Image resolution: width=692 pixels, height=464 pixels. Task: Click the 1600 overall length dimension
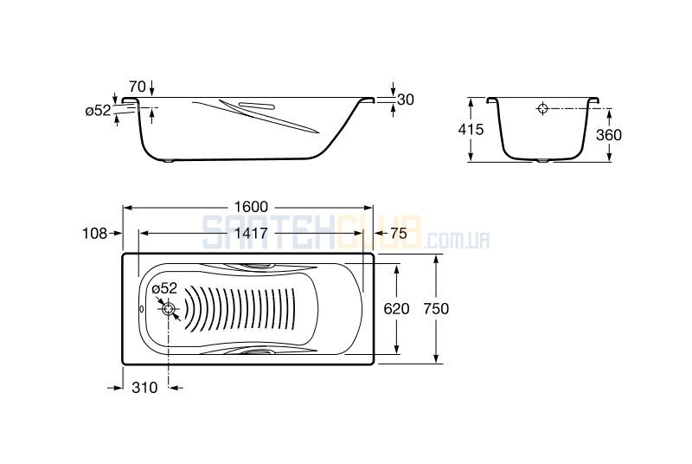[x=251, y=207]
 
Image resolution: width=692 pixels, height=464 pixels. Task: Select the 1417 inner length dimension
[x=251, y=233]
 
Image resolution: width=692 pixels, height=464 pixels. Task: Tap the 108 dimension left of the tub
[x=95, y=233]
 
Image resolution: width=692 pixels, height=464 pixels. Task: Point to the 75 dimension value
[x=399, y=233]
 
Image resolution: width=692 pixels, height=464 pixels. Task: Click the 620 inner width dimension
[x=396, y=308]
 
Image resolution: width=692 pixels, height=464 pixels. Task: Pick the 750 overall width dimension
[x=436, y=308]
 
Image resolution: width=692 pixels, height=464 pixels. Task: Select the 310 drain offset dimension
[x=144, y=388]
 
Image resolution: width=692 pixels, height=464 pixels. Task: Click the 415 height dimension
[x=471, y=129]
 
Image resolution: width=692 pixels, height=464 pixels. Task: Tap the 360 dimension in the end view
[x=609, y=135]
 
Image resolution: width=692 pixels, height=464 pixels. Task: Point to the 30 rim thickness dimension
[x=406, y=100]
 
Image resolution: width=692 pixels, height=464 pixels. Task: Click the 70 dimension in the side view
[x=138, y=87]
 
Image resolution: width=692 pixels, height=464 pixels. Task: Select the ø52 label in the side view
[x=98, y=110]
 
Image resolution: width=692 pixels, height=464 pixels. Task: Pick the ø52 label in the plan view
[x=164, y=288]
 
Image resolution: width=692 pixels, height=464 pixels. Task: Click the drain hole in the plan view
[x=169, y=309]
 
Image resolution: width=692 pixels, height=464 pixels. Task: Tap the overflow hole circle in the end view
[x=543, y=108]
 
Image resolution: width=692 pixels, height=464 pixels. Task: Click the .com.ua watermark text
[x=458, y=241]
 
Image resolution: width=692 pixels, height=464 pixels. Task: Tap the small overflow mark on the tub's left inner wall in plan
[x=141, y=309]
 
